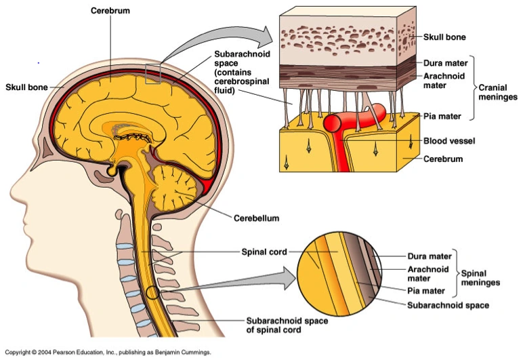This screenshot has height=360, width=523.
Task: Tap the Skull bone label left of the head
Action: (x=27, y=87)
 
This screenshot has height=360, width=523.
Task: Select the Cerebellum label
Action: (x=257, y=218)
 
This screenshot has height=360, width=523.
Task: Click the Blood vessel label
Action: (x=448, y=141)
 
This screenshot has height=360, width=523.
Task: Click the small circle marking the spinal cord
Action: (x=154, y=293)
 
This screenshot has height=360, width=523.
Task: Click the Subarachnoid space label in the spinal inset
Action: (x=448, y=305)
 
